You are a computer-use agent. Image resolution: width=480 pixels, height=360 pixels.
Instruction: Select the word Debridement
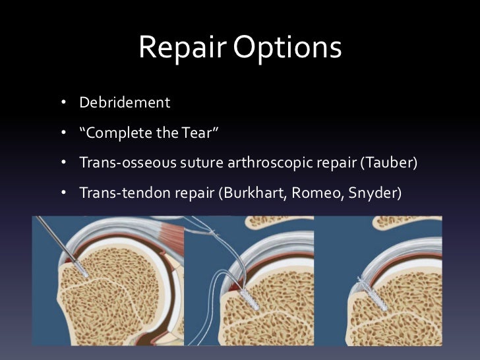[125, 104]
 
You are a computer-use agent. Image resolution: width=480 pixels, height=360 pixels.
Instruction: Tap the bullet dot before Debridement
[64, 104]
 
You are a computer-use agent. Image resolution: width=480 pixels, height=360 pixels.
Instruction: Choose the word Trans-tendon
[117, 193]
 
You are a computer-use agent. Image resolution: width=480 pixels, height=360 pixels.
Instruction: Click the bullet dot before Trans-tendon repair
[64, 193]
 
